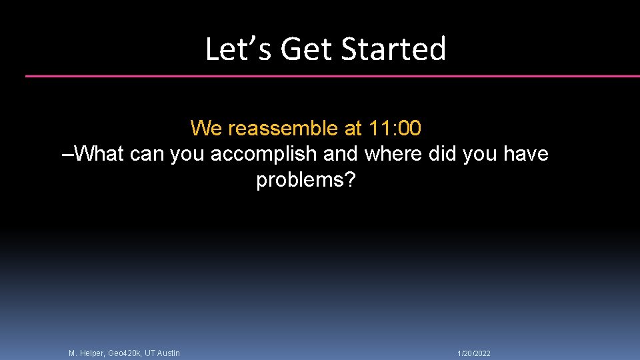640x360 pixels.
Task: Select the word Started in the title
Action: tap(393, 49)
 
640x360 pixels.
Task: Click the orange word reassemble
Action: tap(283, 127)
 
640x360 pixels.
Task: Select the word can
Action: tap(147, 154)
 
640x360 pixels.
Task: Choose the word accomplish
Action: tap(264, 154)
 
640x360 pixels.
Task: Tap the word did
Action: tap(443, 154)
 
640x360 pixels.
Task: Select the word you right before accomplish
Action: tap(188, 154)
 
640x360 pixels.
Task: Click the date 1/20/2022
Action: tap(474, 353)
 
